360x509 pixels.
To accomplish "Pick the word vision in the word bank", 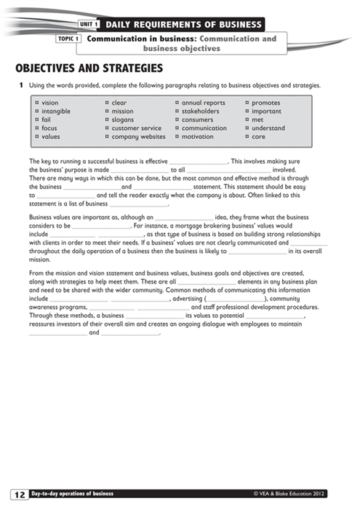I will (50, 103).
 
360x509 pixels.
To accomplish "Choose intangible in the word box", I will (56, 111).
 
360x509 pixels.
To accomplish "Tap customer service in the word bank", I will (136, 128).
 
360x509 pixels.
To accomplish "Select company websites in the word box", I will (138, 137).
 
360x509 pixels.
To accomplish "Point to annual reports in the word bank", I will (203, 103).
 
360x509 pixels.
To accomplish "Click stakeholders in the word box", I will (200, 111).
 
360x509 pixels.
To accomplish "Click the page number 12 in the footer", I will (19, 494).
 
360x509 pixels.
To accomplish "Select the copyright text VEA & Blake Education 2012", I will (289, 494).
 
